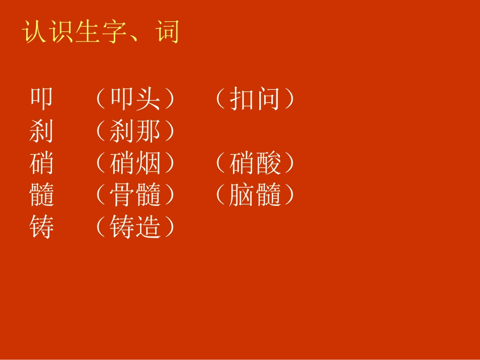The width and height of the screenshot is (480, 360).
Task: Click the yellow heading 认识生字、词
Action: pos(101,32)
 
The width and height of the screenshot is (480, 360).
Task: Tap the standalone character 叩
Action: pos(41,99)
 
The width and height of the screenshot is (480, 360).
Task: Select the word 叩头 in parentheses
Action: pos(135,99)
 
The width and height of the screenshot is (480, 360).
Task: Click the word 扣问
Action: pos(254,99)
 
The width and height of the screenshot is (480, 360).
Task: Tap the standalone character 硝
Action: pos(41,164)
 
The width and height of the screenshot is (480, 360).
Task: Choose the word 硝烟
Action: pos(135,164)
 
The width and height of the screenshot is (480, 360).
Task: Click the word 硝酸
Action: pos(254,164)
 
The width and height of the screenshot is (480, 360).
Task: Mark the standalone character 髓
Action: pos(41,195)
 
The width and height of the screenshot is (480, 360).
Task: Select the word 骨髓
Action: pos(135,195)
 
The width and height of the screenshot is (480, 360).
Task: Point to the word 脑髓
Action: pos(254,195)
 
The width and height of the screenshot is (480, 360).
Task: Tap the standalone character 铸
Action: pos(41,227)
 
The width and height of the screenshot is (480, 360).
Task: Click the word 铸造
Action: pos(135,227)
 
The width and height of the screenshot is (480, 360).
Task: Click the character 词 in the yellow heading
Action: pos(167,32)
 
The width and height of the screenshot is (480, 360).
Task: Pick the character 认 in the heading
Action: pos(35,32)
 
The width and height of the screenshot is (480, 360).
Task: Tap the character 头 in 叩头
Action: pos(148,99)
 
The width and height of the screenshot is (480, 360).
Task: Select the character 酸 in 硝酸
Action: pos(267,164)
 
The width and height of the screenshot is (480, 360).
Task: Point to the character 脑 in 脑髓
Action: pos(241,195)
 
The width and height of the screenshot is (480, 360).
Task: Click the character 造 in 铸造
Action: pos(148,227)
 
